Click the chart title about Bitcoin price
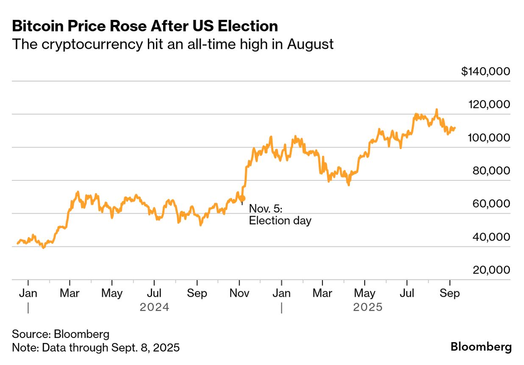click(x=145, y=26)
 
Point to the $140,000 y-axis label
click(x=485, y=72)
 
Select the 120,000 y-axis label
click(x=489, y=105)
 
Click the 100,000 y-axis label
click(x=489, y=138)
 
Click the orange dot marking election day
click(x=242, y=198)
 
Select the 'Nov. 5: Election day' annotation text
click(x=280, y=215)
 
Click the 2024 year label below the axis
click(x=155, y=307)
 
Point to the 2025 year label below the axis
click(x=368, y=307)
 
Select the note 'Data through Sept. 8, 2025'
click(x=96, y=348)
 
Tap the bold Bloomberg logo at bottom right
click(x=481, y=347)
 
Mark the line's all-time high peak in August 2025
click(x=436, y=110)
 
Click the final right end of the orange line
click(x=455, y=127)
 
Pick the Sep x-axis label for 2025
click(x=449, y=293)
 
